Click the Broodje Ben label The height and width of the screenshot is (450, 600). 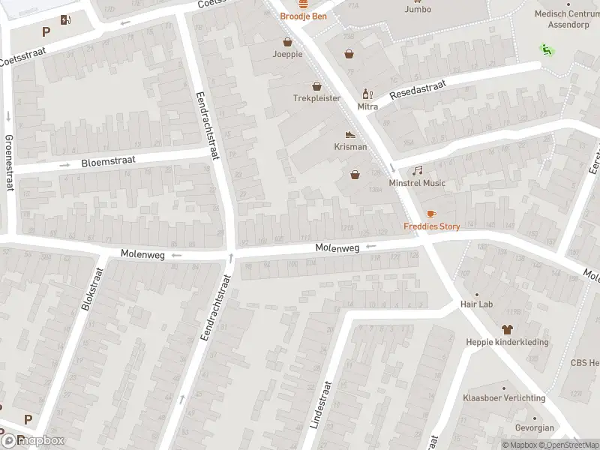click(304, 16)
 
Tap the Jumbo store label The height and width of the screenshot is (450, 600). click(418, 10)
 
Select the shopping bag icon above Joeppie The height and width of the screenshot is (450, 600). click(287, 42)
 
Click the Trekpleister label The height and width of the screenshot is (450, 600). click(316, 98)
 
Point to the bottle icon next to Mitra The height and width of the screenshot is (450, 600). click(367, 94)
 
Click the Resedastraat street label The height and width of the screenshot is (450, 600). click(416, 91)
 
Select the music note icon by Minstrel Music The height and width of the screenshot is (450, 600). click(417, 171)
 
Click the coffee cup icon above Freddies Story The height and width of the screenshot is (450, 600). click(431, 214)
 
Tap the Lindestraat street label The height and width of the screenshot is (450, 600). click(326, 403)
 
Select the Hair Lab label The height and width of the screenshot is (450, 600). click(476, 304)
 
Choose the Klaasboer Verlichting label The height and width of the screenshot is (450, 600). click(503, 397)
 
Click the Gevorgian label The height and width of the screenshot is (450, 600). click(535, 428)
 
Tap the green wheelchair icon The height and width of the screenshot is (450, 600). click(546, 49)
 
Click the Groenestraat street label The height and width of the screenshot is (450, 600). click(10, 163)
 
